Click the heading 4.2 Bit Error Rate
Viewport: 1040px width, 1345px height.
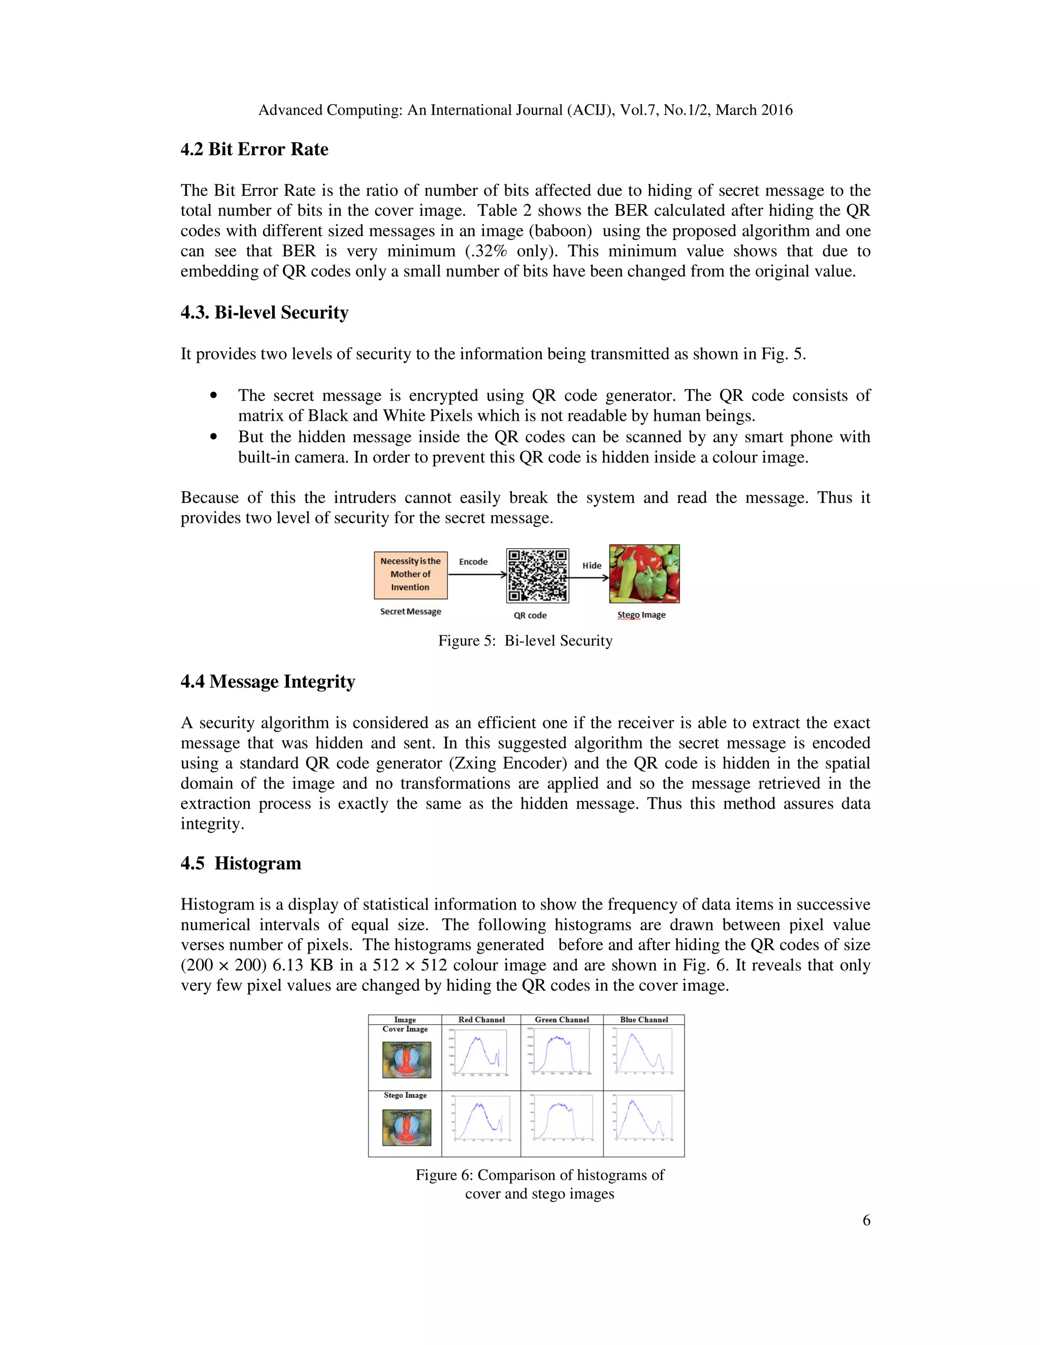[254, 149]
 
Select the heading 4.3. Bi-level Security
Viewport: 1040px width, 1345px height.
[264, 312]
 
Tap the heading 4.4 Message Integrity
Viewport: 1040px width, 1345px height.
[268, 681]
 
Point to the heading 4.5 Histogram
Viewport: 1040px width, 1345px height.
[240, 863]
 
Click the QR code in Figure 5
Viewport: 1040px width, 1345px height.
[537, 575]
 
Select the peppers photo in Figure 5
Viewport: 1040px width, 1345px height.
[644, 574]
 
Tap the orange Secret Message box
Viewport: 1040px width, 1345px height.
[410, 575]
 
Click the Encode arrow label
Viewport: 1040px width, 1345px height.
[473, 562]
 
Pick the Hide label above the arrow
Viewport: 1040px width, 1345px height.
[592, 565]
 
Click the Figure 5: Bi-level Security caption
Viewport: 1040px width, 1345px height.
[525, 641]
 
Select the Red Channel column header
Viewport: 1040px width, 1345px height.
[481, 1019]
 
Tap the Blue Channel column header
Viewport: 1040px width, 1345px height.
[644, 1019]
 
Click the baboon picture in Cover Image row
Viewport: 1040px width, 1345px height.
[406, 1059]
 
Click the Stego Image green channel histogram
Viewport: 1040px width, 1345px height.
[561, 1124]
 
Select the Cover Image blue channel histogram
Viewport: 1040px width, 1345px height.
[644, 1054]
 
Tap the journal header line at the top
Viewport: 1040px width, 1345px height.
[525, 110]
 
